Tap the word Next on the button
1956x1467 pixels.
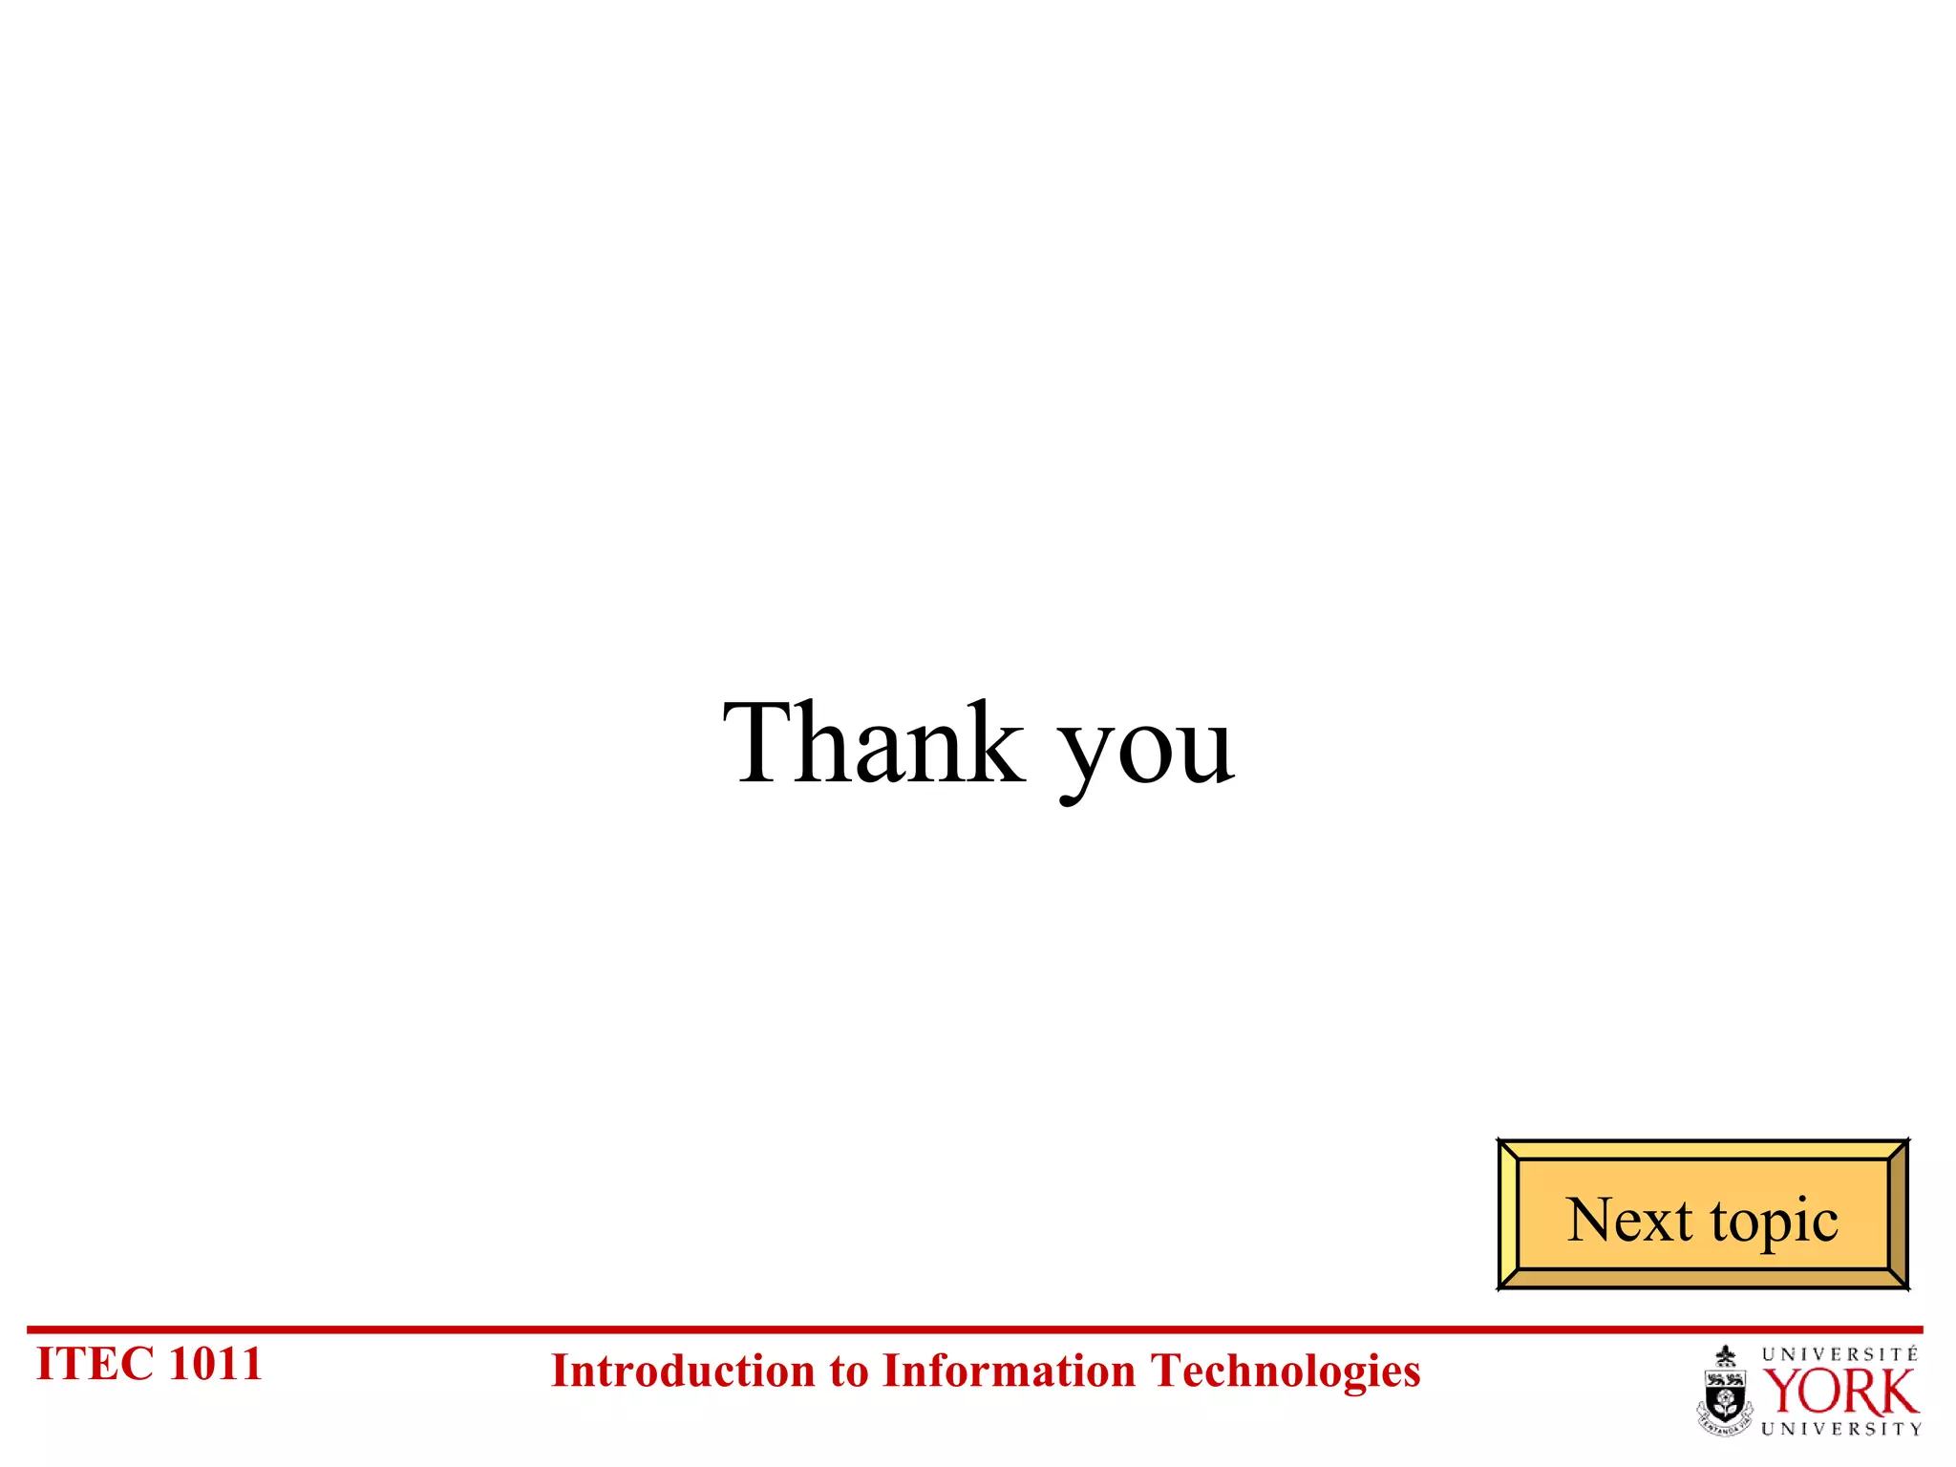pos(1629,1220)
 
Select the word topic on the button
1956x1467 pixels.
pos(1775,1222)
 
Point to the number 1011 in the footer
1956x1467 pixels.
pos(215,1364)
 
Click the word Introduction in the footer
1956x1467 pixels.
pos(681,1371)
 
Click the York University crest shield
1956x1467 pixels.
pos(1725,1393)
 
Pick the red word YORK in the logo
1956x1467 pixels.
pos(1839,1392)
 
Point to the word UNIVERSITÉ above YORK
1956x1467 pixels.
pos(1839,1354)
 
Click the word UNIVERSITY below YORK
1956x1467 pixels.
pos(1840,1429)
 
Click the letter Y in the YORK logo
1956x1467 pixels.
pos(1782,1392)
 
